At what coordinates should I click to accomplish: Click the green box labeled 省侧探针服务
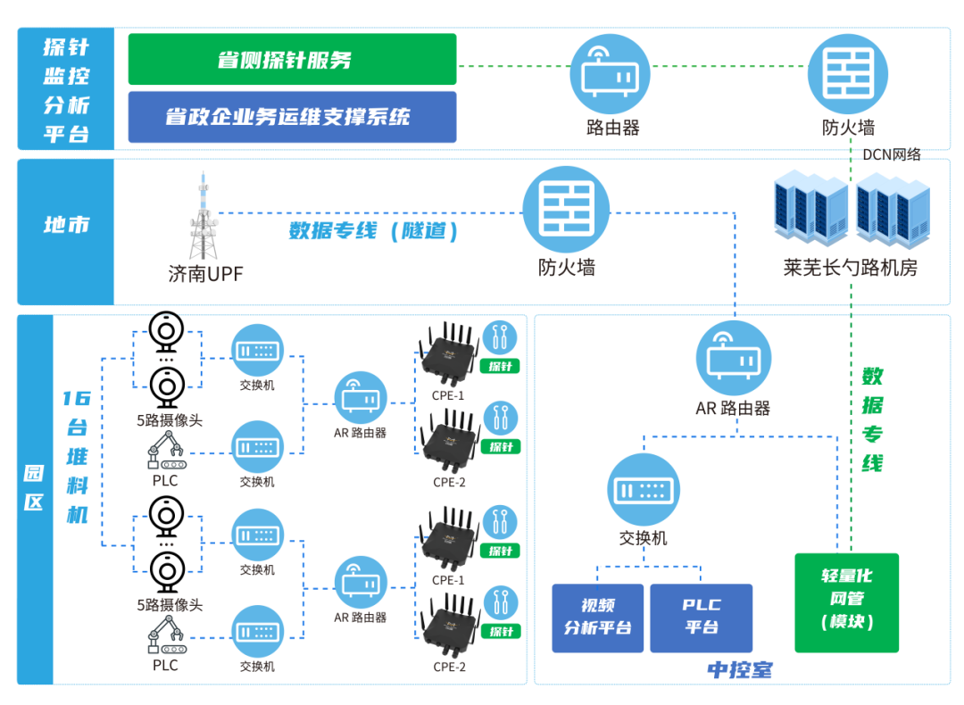pos(292,60)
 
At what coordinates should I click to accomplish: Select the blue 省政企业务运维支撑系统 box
pos(292,117)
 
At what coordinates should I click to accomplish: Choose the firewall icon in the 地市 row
pos(566,209)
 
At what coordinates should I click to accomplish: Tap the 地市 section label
pos(67,225)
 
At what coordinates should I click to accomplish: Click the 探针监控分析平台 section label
pos(67,90)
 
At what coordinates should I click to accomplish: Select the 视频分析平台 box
pos(598,617)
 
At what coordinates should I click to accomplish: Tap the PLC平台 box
pos(702,617)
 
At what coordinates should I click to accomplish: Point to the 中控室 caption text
pos(740,669)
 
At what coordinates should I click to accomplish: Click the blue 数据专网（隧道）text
pos(373,232)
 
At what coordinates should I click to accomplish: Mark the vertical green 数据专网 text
pos(872,419)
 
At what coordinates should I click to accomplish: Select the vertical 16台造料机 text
pos(77,456)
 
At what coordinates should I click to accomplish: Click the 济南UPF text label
pos(205,273)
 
